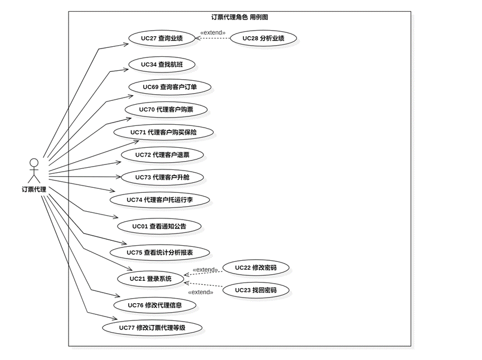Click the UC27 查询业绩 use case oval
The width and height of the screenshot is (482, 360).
(x=162, y=38)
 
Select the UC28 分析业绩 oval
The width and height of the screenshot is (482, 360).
(x=264, y=38)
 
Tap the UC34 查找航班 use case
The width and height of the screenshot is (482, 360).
(x=162, y=65)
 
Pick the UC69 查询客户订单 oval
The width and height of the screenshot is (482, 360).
(x=169, y=87)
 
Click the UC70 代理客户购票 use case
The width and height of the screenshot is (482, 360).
(x=166, y=110)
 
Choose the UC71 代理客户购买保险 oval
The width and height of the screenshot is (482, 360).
(x=163, y=132)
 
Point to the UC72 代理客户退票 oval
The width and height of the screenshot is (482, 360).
(x=163, y=154)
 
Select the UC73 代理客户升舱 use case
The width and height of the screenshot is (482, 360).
(x=162, y=177)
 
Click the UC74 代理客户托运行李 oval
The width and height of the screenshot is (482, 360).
(x=160, y=200)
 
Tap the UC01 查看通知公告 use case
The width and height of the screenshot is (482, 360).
(x=159, y=226)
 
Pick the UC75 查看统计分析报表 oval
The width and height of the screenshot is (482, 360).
(x=160, y=252)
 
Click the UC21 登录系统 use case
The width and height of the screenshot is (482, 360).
(x=150, y=279)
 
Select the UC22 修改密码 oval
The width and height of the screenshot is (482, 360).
(x=256, y=267)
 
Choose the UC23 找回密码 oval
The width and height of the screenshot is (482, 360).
(x=256, y=290)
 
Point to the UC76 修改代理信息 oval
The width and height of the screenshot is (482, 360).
(x=154, y=305)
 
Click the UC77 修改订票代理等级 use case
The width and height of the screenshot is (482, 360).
(x=152, y=328)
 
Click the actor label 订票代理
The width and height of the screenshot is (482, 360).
(x=34, y=189)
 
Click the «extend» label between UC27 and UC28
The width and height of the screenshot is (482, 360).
(x=213, y=33)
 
